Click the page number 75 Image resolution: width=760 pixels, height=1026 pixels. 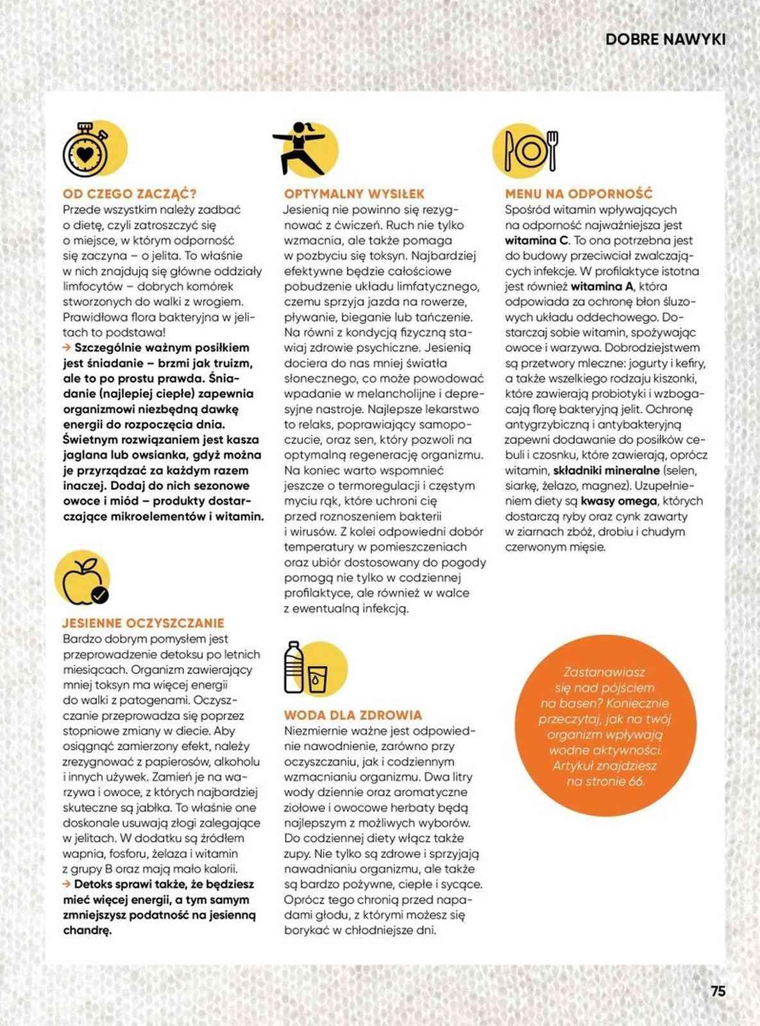[x=718, y=990]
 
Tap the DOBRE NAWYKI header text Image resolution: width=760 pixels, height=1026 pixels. [x=665, y=40]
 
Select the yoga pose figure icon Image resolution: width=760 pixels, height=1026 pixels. [x=300, y=148]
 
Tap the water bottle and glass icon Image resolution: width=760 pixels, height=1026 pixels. [x=307, y=668]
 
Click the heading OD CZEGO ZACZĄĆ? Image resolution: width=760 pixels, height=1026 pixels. [x=130, y=194]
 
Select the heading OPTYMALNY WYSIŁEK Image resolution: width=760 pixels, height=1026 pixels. [x=354, y=194]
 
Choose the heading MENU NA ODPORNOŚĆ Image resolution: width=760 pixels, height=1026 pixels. [x=578, y=194]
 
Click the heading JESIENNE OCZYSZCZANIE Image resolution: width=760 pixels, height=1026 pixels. [x=143, y=623]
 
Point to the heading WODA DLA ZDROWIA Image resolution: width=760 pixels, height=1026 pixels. [x=353, y=715]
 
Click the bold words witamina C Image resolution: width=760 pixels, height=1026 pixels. [x=537, y=240]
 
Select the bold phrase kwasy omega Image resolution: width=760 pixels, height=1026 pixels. [x=618, y=501]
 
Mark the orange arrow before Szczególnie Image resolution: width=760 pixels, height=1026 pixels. [x=67, y=348]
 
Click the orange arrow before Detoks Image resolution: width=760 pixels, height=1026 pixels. [x=67, y=884]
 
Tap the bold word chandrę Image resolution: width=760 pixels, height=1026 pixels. [x=87, y=930]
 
